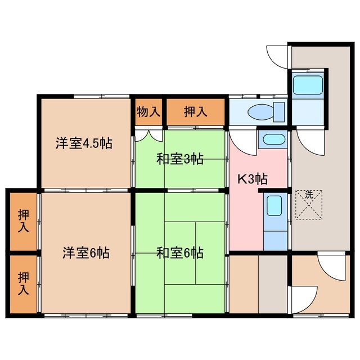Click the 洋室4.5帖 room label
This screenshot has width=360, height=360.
point(83,143)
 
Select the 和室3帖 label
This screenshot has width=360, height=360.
point(179,159)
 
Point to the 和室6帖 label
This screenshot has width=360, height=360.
point(179,253)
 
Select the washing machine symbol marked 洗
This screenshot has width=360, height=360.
point(308,205)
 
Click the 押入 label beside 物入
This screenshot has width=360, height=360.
point(196,112)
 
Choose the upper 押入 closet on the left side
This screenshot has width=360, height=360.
point(23,220)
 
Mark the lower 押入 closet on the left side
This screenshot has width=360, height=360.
point(23,283)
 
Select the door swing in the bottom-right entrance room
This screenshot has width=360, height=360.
point(329,268)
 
